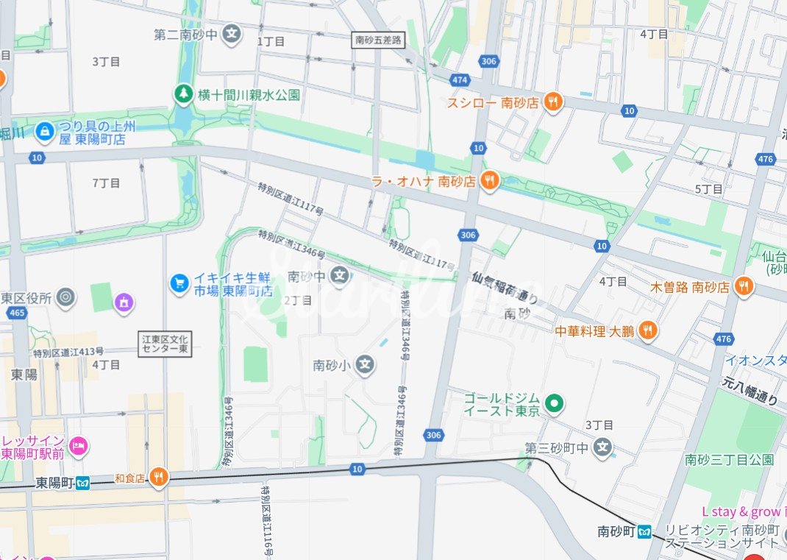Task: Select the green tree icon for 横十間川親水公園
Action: [x=182, y=94]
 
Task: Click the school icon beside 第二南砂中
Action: [x=232, y=34]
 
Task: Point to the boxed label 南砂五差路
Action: [x=378, y=40]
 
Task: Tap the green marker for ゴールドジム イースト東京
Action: [x=556, y=403]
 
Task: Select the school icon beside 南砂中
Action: [x=339, y=276]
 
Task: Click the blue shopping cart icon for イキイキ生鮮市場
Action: [x=179, y=283]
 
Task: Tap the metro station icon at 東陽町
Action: [x=82, y=483]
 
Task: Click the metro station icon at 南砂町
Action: [x=645, y=531]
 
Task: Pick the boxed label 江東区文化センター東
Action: [x=165, y=344]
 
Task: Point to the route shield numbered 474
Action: [x=460, y=79]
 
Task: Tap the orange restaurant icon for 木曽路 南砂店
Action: [x=744, y=286]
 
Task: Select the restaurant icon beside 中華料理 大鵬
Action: [x=647, y=330]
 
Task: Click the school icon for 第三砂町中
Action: [x=603, y=447]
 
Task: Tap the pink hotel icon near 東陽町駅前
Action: [x=79, y=445]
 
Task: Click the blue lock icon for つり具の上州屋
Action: [x=45, y=131]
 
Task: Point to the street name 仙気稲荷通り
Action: [x=505, y=288]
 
